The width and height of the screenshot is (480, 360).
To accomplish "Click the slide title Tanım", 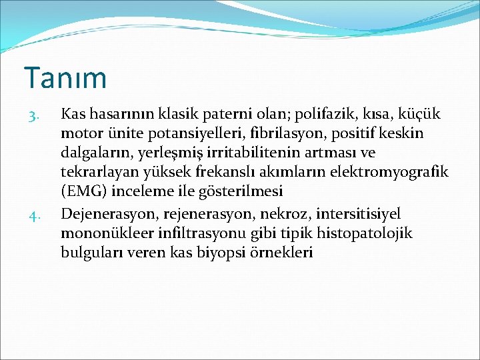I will tap(65, 77).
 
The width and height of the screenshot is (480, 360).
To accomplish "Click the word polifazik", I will tap(316, 115).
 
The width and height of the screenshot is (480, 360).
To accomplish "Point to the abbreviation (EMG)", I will tap(85, 192).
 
